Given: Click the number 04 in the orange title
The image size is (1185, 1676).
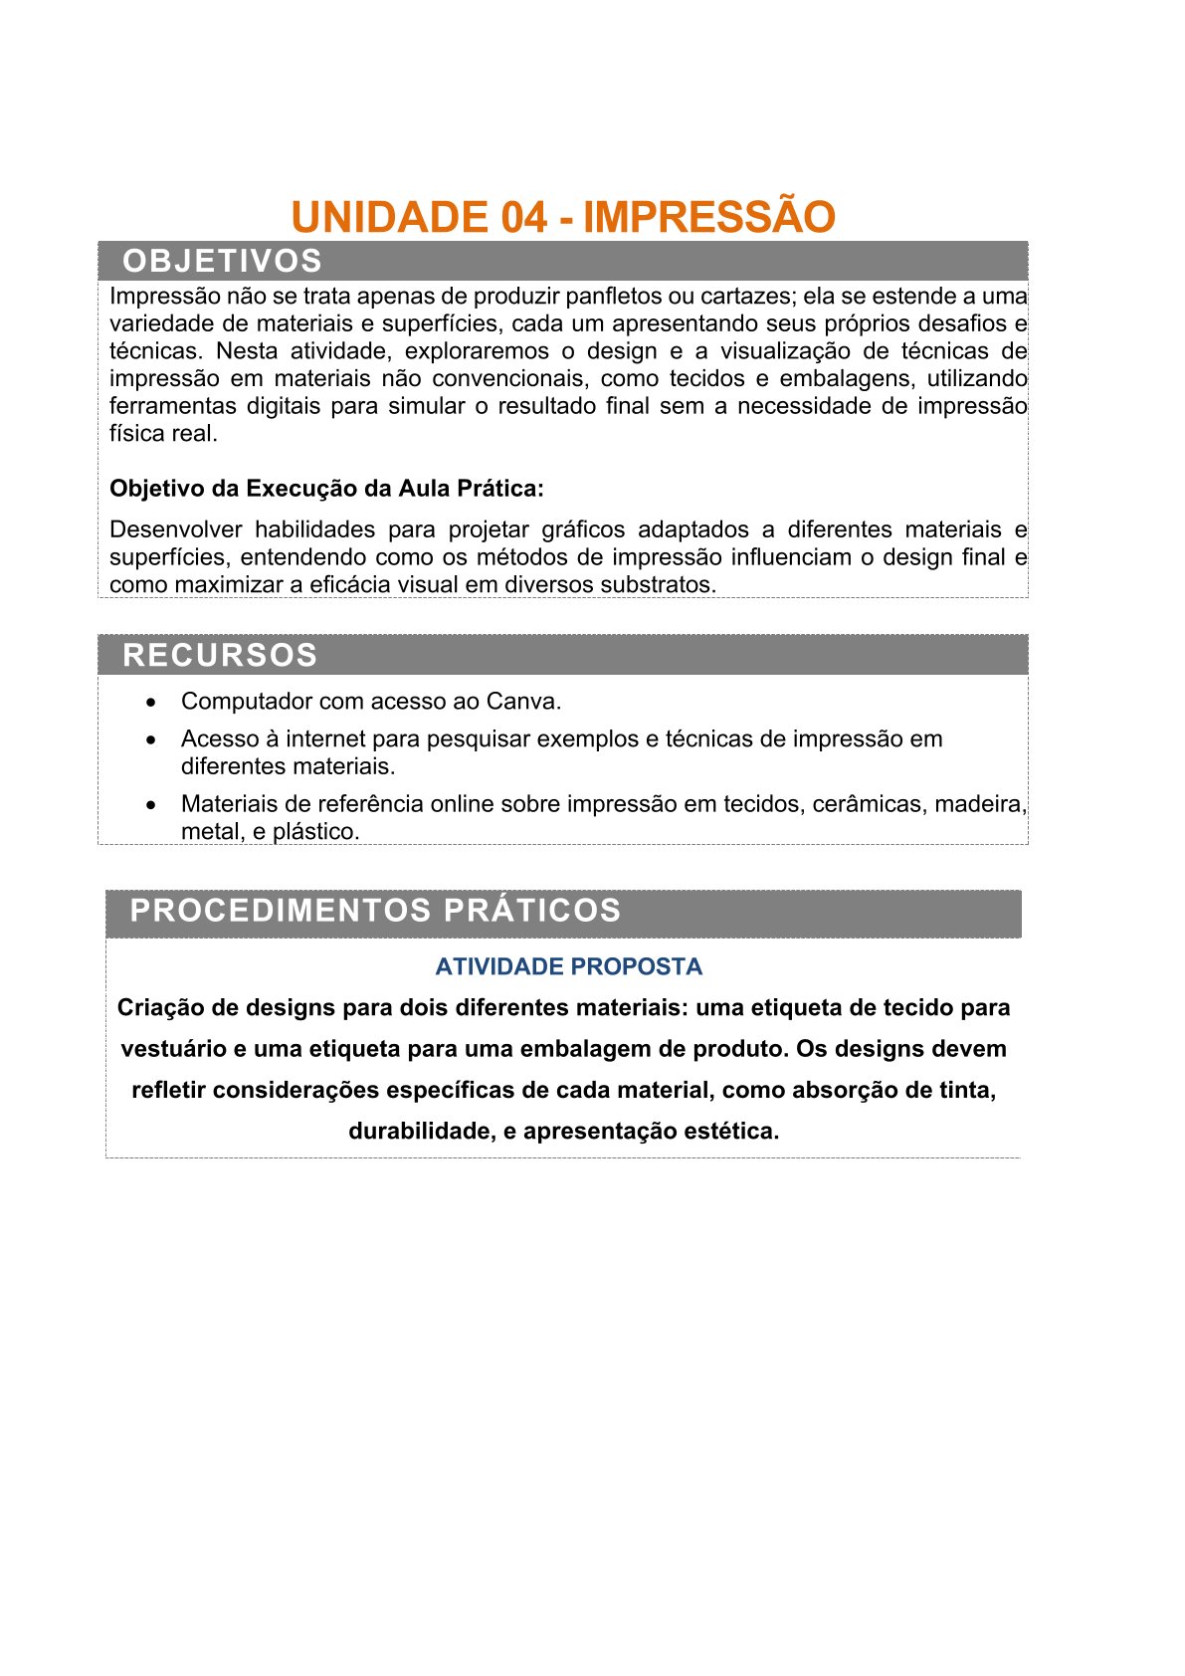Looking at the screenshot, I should coord(523,218).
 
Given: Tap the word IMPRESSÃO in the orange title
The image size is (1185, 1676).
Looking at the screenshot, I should coord(708,218).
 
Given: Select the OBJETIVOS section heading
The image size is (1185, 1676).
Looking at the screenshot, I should coord(222,261).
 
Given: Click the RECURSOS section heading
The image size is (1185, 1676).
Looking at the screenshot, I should coord(220,655).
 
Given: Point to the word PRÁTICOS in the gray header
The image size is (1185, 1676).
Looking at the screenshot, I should coord(532,911).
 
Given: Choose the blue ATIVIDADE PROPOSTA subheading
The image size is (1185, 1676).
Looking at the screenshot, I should coord(568,966).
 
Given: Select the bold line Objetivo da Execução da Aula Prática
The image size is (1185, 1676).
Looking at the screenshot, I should coord(326,489).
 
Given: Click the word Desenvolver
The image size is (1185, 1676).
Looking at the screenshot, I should coord(176,529).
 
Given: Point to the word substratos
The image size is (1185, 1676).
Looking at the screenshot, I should coord(663,585).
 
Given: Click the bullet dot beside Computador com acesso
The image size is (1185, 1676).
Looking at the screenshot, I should coord(151,703).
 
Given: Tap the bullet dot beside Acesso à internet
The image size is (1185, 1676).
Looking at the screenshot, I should coord(151,740).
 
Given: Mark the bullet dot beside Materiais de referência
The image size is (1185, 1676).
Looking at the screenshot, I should coord(151,804).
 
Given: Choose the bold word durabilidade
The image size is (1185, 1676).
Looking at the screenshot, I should coord(418,1132).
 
